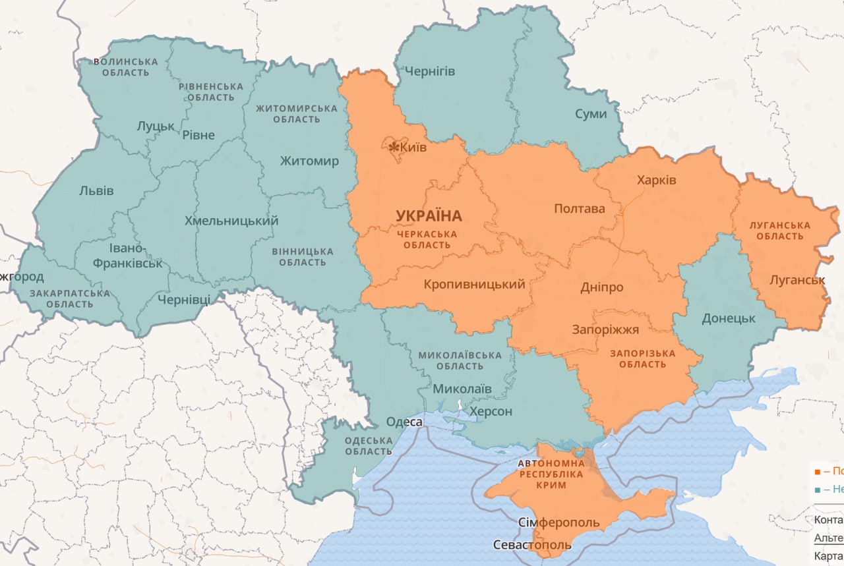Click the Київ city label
click(x=413, y=147)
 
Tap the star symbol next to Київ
click(x=394, y=147)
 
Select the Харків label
click(x=656, y=180)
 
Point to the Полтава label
click(x=579, y=209)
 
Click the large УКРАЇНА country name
click(x=429, y=216)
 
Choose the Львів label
click(x=96, y=191)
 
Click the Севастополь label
click(x=532, y=546)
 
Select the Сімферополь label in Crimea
click(x=558, y=523)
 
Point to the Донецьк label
click(x=728, y=318)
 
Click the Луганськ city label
click(x=797, y=280)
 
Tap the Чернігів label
click(x=429, y=71)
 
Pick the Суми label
click(x=590, y=113)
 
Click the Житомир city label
click(x=309, y=161)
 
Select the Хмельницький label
click(x=231, y=221)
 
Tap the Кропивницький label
click(x=475, y=285)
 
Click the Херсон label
click(x=490, y=412)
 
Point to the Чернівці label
click(x=184, y=300)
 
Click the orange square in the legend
click(x=818, y=472)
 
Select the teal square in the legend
click(x=818, y=490)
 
